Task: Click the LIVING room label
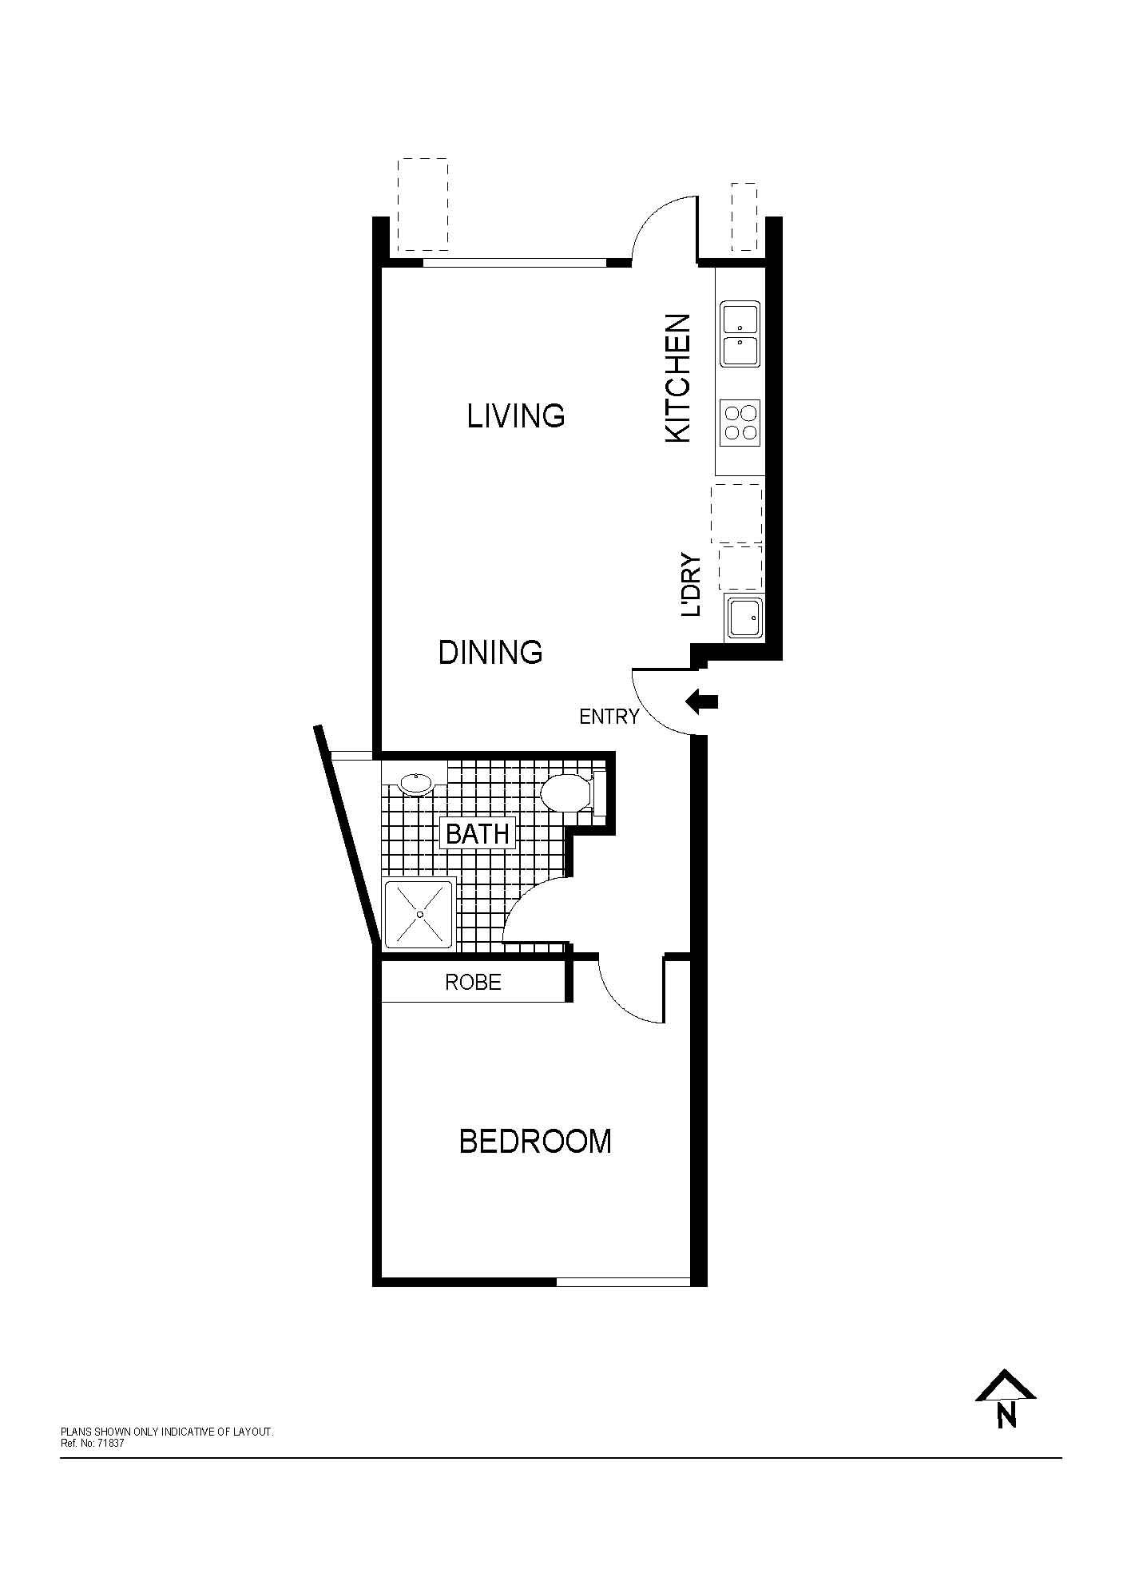click(516, 416)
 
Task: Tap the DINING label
click(490, 653)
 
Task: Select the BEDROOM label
click(535, 1142)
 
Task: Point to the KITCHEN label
click(677, 378)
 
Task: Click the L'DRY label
click(690, 585)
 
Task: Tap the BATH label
click(478, 834)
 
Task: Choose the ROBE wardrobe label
click(473, 982)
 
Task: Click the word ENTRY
click(609, 717)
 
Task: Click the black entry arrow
click(702, 702)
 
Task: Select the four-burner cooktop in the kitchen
click(740, 423)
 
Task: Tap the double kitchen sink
click(740, 334)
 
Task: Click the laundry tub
click(744, 617)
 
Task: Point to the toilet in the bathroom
click(569, 793)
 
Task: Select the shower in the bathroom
click(419, 915)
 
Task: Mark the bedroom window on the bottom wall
click(623, 1282)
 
